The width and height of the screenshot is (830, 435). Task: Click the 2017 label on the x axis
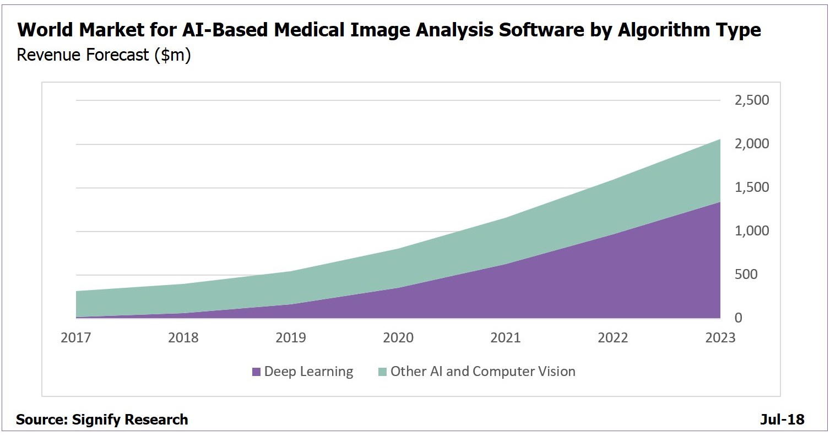click(x=76, y=337)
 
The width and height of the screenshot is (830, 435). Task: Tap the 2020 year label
click(x=398, y=337)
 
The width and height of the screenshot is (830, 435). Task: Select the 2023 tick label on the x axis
click(x=720, y=337)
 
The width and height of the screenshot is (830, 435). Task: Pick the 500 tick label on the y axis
click(x=757, y=275)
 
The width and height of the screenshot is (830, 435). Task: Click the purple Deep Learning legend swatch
click(x=256, y=372)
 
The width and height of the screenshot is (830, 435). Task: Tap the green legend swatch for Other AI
click(x=382, y=372)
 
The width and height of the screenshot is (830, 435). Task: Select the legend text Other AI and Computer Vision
click(x=482, y=372)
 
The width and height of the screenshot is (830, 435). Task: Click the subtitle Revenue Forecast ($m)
click(x=104, y=56)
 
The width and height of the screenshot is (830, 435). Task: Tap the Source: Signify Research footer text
click(x=102, y=420)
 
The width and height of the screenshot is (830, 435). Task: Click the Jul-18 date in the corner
click(x=782, y=420)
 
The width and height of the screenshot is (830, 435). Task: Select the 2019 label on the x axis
click(x=291, y=337)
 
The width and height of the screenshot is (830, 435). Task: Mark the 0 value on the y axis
click(x=738, y=318)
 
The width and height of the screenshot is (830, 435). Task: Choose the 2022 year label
click(x=613, y=337)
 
